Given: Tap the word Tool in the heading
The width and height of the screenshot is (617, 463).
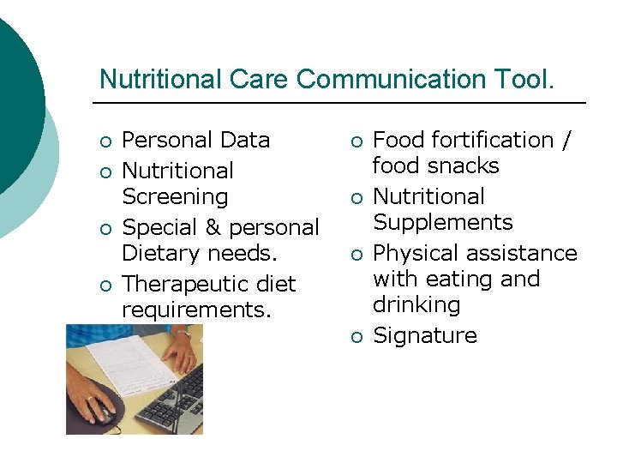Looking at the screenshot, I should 523,79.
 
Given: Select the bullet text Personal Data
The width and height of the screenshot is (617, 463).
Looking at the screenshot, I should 196,140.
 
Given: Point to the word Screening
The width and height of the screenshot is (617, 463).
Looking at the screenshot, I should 175,196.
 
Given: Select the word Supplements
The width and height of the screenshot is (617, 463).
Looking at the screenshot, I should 442,222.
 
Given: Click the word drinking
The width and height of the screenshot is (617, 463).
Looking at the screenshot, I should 416,304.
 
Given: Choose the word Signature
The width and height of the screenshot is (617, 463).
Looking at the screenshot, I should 425,335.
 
